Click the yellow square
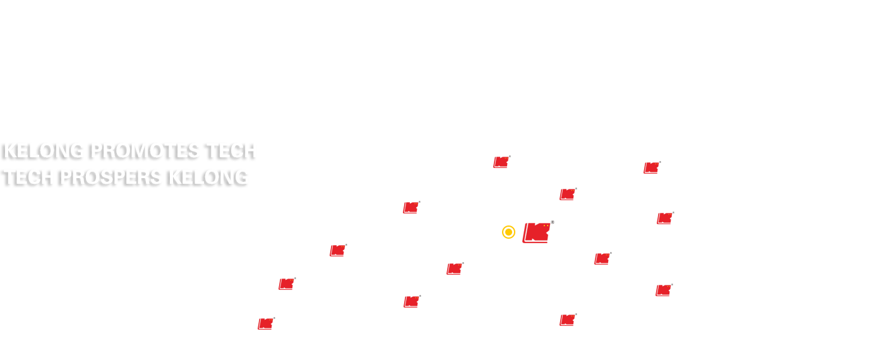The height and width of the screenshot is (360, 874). click(x=508, y=232)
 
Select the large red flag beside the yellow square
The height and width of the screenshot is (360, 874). click(x=536, y=232)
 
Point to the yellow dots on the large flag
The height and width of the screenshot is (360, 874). click(x=546, y=226)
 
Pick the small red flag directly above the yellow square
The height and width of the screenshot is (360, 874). click(x=502, y=162)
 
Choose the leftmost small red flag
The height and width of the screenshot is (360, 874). click(x=266, y=323)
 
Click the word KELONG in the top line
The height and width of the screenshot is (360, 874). click(x=44, y=151)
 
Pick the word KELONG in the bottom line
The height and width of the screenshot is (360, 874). click(x=208, y=177)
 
